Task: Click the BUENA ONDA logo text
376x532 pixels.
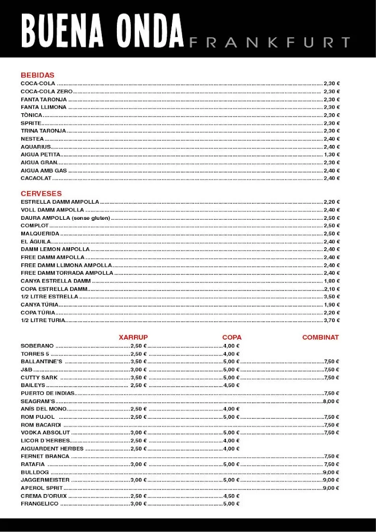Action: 102,31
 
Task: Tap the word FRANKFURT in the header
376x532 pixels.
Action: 270,43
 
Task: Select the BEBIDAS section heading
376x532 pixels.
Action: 37,75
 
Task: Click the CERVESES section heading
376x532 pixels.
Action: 41,193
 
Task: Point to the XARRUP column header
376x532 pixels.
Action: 133,337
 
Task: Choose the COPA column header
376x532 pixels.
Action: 232,337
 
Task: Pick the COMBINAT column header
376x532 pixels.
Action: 320,337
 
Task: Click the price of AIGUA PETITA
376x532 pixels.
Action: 331,154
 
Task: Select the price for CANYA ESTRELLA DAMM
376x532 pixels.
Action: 331,281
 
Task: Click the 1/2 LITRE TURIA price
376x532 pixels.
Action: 331,321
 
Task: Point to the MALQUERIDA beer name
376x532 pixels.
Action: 40,233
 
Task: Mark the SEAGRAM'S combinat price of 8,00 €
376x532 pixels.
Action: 331,401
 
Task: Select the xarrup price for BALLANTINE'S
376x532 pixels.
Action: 139,361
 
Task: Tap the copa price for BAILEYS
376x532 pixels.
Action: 231,385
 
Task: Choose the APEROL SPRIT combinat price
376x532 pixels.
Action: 331,488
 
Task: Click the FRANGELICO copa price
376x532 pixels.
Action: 231,503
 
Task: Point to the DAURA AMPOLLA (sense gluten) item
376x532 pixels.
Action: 65,218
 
